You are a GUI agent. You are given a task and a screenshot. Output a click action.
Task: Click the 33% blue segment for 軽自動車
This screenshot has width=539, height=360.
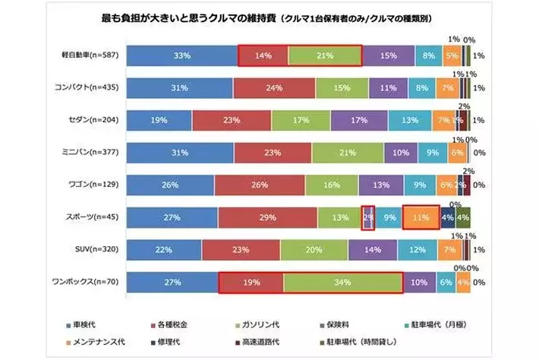(181, 55)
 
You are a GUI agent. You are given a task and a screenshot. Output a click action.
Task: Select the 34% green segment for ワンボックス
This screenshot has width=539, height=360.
(342, 282)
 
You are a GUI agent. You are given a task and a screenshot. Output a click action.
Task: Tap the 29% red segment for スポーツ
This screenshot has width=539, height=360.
(266, 217)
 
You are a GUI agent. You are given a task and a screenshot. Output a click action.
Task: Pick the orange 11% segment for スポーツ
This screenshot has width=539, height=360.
(421, 217)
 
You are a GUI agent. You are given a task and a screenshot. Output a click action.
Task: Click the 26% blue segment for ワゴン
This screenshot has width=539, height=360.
(170, 185)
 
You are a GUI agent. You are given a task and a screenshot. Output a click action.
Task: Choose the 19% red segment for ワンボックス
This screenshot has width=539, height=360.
(251, 282)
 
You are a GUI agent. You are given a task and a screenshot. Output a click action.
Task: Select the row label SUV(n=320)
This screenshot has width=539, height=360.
(98, 250)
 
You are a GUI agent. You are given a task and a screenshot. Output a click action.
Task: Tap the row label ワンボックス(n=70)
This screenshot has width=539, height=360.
(92, 283)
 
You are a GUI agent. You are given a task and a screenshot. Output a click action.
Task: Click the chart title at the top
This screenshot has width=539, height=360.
(269, 17)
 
